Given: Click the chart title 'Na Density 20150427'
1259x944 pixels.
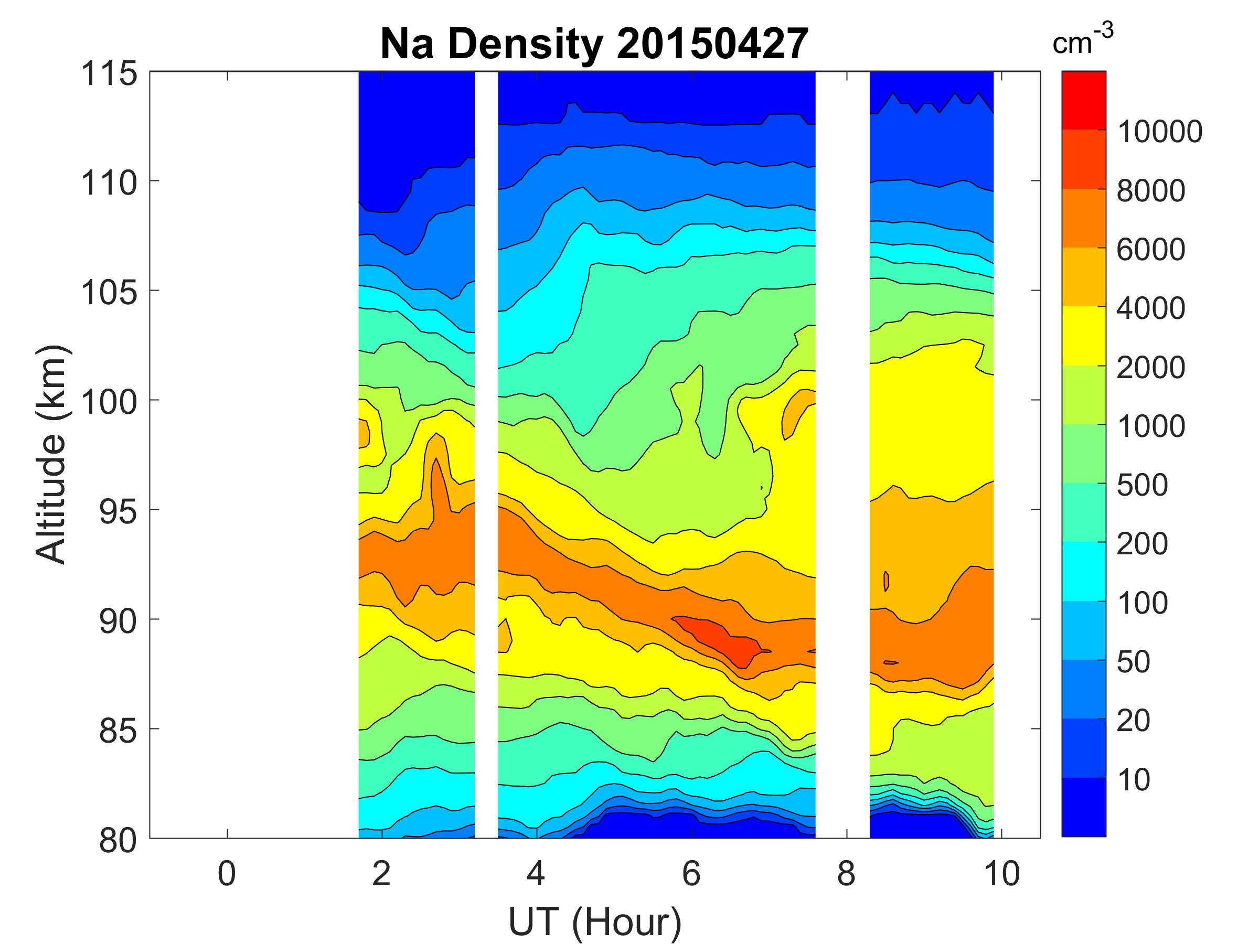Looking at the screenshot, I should point(594,45).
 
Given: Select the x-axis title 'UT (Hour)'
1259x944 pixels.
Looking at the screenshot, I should point(595,922).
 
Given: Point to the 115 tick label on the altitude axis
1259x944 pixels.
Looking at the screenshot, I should point(109,74).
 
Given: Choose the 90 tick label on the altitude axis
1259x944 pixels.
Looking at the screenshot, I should point(118,621).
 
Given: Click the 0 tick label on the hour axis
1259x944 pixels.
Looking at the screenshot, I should point(227,873).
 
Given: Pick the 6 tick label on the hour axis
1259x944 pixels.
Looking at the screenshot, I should point(691,873).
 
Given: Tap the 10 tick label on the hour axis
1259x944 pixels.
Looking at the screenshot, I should point(1001,873).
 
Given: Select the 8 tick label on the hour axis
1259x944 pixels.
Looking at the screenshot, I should point(846,873).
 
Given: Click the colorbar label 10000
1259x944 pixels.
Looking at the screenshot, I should point(1159,132).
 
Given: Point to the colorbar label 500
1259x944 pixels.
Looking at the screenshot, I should point(1141,485).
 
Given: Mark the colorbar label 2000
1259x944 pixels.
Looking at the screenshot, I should point(1150,368).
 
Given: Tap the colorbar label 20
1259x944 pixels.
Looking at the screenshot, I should point(1133,721).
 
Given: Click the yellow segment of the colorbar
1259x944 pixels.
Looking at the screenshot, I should point(1083,336).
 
